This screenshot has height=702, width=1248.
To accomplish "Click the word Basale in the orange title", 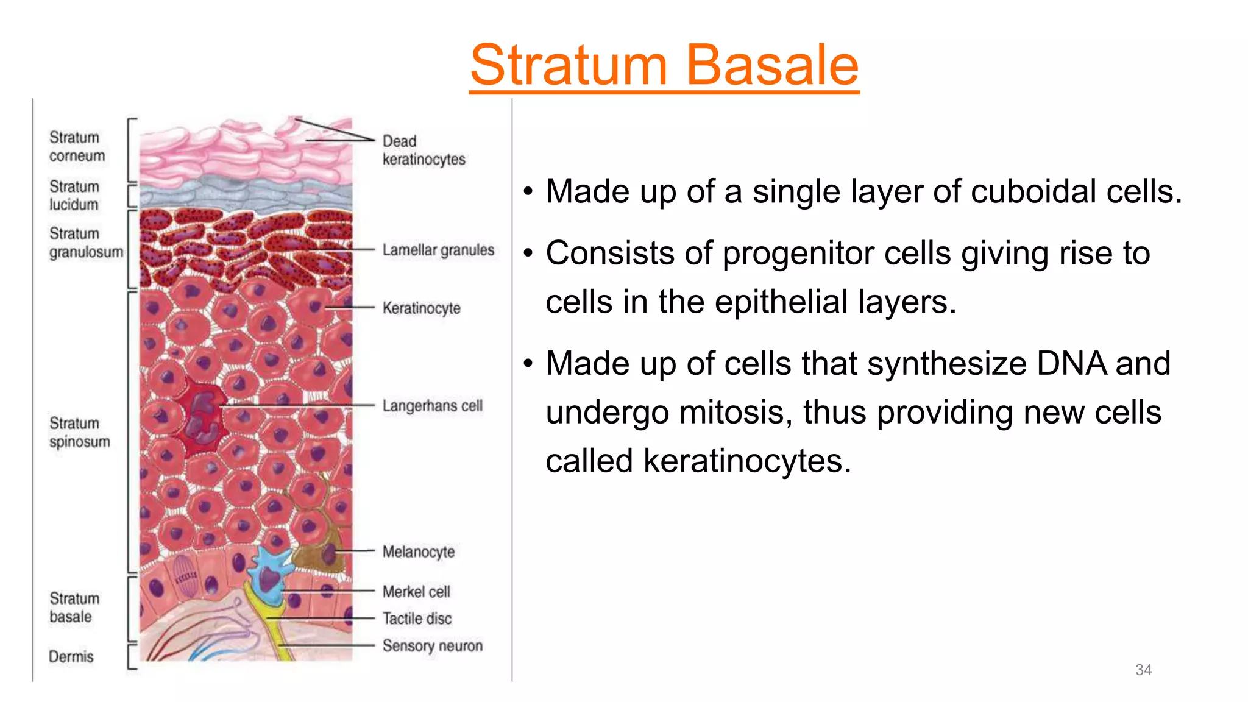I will (772, 65).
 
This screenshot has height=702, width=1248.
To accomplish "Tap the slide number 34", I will (1143, 670).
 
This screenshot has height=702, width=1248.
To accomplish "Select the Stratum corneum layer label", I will (77, 147).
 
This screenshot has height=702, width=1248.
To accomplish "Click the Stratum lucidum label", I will (74, 196).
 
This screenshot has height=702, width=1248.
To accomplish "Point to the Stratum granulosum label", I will (86, 243).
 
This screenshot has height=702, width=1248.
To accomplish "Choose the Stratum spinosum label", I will (79, 432).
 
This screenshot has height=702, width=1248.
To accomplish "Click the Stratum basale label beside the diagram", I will (74, 608).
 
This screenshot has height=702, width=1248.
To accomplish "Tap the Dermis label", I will (71, 657).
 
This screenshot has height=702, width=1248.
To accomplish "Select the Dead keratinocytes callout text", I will (423, 151).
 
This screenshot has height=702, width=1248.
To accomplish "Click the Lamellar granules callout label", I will (438, 250).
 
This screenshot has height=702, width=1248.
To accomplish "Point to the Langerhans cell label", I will (432, 406).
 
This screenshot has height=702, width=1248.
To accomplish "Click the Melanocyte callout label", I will (419, 552).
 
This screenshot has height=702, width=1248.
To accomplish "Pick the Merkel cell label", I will (416, 592).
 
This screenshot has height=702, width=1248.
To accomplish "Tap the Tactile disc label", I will (417, 619).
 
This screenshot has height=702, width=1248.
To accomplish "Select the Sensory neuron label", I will (432, 646).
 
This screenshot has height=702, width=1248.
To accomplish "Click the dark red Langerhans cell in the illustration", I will (201, 417).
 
